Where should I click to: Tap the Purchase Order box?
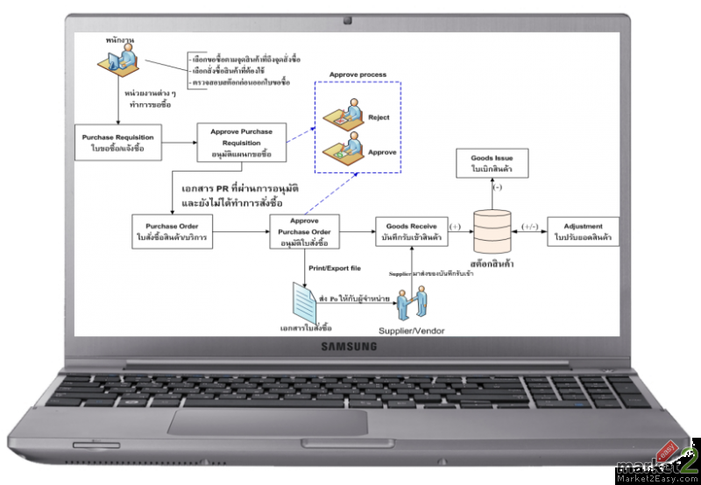pyautogui.click(x=172, y=231)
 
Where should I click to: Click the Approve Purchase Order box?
pyautogui.click(x=302, y=231)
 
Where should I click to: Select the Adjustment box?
pyautogui.click(x=583, y=231)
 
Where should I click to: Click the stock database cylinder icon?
pyautogui.click(x=492, y=229)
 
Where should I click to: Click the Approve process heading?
pyautogui.click(x=357, y=74)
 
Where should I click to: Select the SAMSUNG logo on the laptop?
pyautogui.click(x=349, y=348)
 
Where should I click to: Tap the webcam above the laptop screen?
pyautogui.click(x=349, y=19)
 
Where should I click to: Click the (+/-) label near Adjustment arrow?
pyautogui.click(x=528, y=225)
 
